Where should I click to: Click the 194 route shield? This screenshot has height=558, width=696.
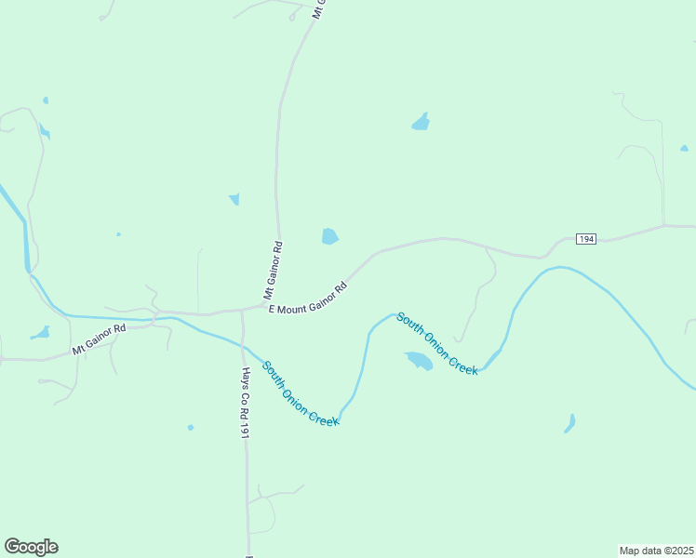click(x=585, y=239)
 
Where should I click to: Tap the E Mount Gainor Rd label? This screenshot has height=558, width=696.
click(x=307, y=299)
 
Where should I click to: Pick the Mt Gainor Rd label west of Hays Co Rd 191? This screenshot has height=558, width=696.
click(x=99, y=339)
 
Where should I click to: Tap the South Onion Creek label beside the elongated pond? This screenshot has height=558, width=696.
click(x=437, y=344)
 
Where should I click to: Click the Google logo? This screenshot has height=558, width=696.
click(x=31, y=547)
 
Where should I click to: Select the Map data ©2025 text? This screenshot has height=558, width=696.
click(x=656, y=550)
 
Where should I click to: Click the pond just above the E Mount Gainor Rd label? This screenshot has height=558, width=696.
click(x=329, y=236)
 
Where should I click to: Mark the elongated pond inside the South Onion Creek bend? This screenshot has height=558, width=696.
click(x=419, y=360)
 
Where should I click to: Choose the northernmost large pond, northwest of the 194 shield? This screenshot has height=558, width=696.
click(x=422, y=122)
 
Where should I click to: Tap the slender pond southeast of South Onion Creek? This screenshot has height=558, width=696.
click(x=569, y=423)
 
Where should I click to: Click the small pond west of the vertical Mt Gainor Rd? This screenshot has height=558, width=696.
click(x=234, y=198)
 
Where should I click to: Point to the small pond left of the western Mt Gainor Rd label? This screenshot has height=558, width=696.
click(x=39, y=333)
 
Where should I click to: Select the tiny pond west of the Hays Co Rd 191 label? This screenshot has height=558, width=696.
click(x=191, y=428)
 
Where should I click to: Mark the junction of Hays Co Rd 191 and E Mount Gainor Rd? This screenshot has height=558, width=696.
click(x=241, y=309)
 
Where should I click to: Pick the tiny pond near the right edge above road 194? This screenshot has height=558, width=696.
click(x=685, y=148)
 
